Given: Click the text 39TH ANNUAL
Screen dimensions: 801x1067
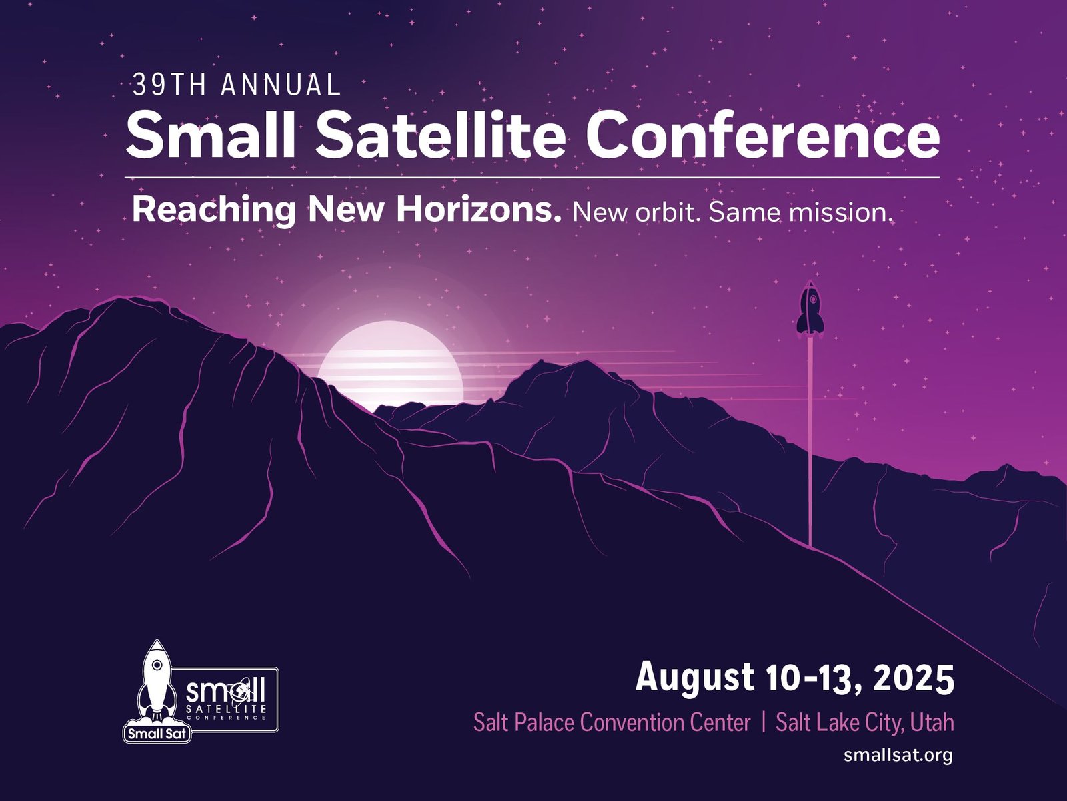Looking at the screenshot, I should (237, 85).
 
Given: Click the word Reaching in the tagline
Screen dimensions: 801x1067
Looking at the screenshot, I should (214, 211).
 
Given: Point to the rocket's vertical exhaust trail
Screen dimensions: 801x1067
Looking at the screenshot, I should (810, 441).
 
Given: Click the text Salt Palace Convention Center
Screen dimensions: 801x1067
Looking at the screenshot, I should (612, 722).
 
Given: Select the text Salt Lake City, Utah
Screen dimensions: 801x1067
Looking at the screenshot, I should (864, 722).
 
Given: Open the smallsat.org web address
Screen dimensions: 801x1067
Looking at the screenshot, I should (898, 755).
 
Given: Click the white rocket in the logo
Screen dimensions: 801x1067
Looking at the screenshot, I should (155, 681).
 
